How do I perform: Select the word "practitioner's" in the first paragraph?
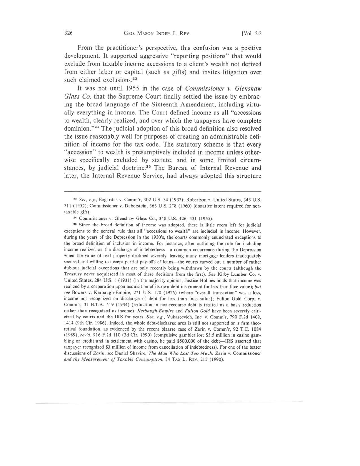131,48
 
